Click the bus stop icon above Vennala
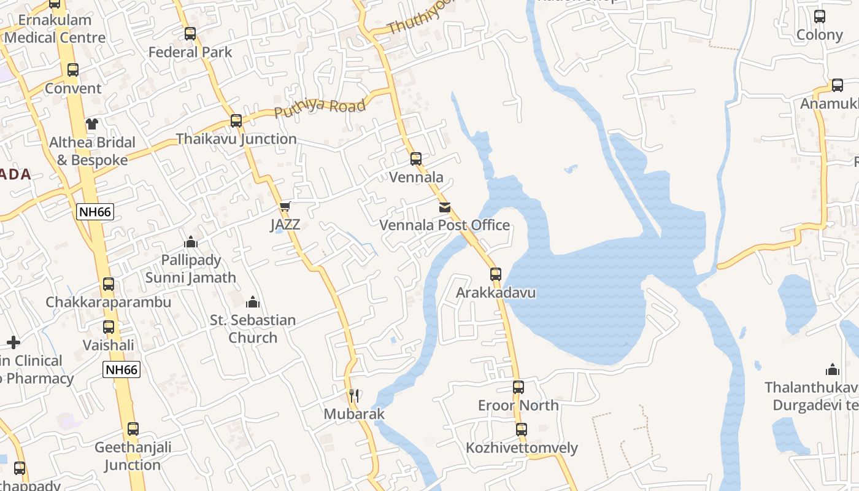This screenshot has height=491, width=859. click(416, 159)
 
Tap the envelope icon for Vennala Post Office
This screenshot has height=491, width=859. click(445, 207)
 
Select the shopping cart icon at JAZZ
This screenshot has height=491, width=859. click(285, 207)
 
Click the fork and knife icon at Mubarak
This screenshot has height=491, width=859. click(354, 396)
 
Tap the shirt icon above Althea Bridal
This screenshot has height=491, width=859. click(92, 124)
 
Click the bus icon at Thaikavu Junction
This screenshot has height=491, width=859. click(236, 121)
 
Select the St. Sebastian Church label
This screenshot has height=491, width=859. click(253, 329)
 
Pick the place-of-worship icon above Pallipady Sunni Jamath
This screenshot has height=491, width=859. click(191, 242)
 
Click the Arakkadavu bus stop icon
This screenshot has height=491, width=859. click(496, 274)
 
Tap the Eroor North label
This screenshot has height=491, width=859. click(518, 405)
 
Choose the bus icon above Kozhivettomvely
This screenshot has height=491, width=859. click(522, 430)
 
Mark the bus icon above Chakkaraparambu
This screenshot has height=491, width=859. click(109, 284)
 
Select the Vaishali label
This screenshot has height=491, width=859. click(109, 345)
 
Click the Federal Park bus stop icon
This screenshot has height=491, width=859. click(190, 34)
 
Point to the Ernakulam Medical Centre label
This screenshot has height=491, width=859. click(55, 29)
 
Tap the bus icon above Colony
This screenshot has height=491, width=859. click(820, 17)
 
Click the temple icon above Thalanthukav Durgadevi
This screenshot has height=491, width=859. click(833, 369)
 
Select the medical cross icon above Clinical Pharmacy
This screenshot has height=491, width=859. click(13, 342)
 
